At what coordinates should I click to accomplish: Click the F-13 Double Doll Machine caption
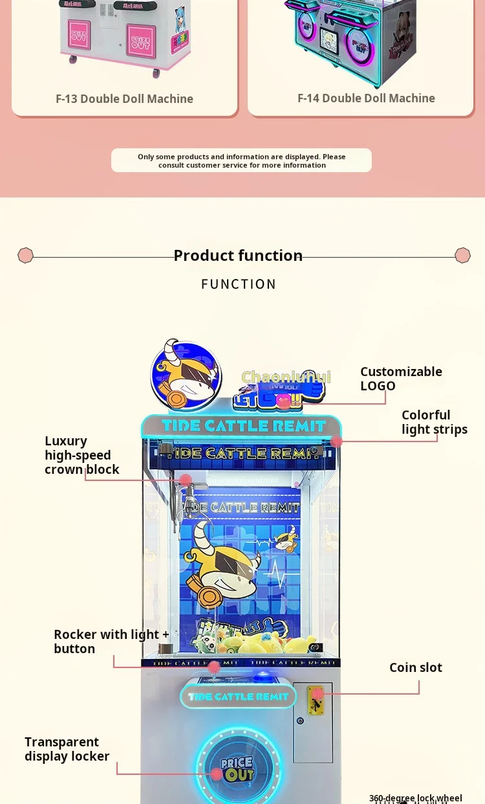point(124,99)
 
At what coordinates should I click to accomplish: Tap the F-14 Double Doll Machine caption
point(366,98)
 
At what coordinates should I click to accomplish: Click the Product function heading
point(238,256)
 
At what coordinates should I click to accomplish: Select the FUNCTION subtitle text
point(239,284)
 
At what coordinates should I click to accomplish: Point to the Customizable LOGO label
point(401,379)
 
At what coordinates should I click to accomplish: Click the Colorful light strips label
point(434,422)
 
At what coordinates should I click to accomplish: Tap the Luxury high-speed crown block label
point(81,455)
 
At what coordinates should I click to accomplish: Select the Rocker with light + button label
point(111,642)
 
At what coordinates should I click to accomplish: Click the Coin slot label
point(415,667)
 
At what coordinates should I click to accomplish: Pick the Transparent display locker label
point(67,749)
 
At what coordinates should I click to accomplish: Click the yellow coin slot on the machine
point(315,699)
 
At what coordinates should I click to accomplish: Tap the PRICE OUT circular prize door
point(237,768)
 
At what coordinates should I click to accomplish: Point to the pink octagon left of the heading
point(25,255)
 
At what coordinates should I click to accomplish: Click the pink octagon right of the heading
point(462,255)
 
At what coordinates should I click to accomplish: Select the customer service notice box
point(241,161)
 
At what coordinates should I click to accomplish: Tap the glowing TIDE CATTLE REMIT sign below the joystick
point(238,697)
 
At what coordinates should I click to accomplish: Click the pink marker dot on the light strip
point(336,441)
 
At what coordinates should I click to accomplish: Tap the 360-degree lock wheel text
point(415,798)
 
